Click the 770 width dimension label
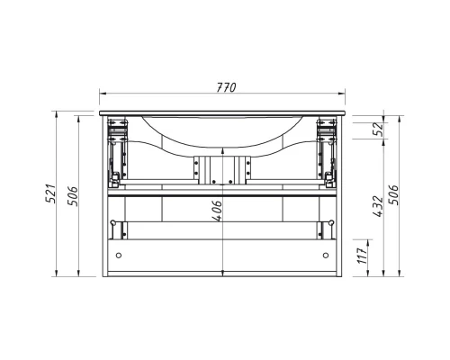tap(225, 87)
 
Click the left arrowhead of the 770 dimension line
tap(103, 95)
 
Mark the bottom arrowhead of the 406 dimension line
tap(225, 273)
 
